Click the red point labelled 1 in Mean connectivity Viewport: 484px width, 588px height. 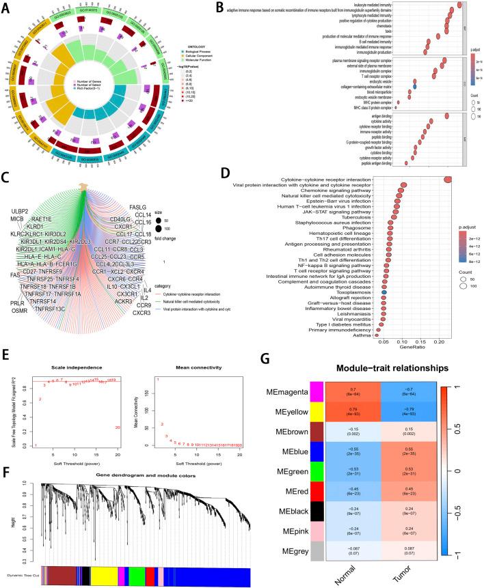(x=158, y=380)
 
